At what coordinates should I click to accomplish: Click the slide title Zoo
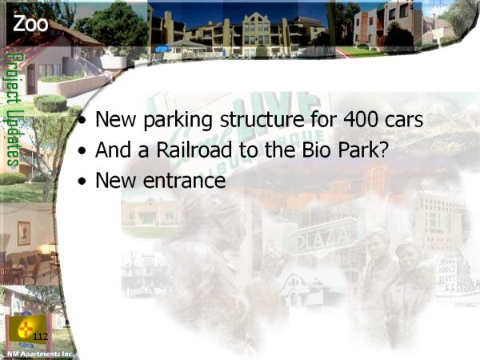(x=30, y=24)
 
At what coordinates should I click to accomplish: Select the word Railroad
(x=194, y=150)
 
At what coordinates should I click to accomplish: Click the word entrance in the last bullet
(x=184, y=180)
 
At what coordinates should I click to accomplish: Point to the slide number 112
(x=41, y=337)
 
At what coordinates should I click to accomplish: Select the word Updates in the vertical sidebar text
(x=13, y=138)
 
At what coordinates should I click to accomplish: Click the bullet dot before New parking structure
(x=82, y=120)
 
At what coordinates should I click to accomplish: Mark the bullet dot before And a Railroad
(x=82, y=150)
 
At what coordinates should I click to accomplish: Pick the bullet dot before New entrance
(x=82, y=181)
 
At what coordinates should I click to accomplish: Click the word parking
(x=178, y=120)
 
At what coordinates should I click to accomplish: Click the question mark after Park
(x=383, y=150)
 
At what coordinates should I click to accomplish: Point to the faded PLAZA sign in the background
(x=322, y=238)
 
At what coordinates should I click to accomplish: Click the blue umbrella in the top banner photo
(x=163, y=49)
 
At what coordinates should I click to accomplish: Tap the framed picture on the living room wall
(x=24, y=234)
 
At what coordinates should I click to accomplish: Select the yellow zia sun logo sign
(x=27, y=329)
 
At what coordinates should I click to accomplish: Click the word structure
(x=262, y=119)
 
